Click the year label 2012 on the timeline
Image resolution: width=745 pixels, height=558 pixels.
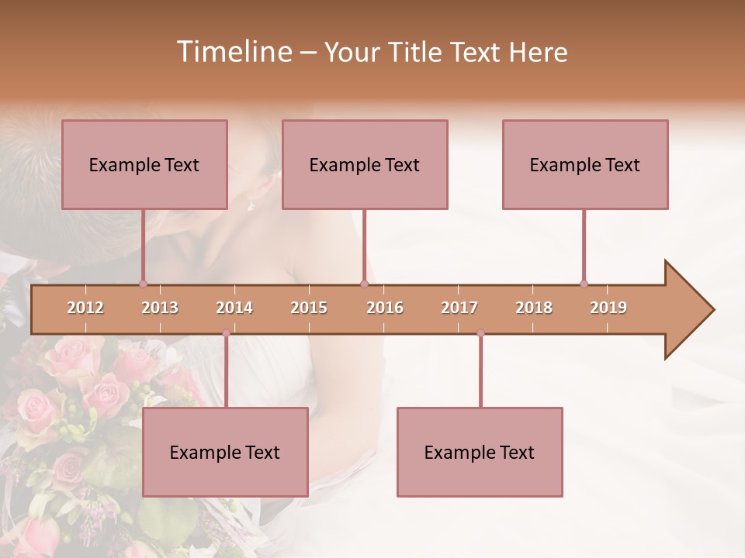85,308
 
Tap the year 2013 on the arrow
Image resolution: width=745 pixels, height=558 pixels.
160,308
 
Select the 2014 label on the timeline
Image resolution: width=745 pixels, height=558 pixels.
234,308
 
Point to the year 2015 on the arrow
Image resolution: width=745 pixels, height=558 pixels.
309,308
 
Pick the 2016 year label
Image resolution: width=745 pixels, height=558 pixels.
385,308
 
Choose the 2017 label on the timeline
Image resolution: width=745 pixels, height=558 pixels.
459,308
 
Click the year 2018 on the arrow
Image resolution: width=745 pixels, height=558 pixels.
534,308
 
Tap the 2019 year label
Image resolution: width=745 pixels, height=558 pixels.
608,308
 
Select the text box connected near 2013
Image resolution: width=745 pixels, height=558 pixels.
144,164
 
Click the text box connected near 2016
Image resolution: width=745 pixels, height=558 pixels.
365,164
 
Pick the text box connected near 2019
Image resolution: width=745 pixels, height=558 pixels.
585,164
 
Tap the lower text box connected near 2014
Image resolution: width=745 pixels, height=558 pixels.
225,452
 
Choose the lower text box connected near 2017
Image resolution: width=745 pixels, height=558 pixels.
480,452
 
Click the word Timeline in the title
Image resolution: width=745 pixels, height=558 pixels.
234,52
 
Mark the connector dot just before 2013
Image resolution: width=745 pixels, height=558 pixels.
143,284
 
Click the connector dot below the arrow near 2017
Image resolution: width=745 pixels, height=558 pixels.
480,333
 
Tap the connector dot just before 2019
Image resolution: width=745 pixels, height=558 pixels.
584,284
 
